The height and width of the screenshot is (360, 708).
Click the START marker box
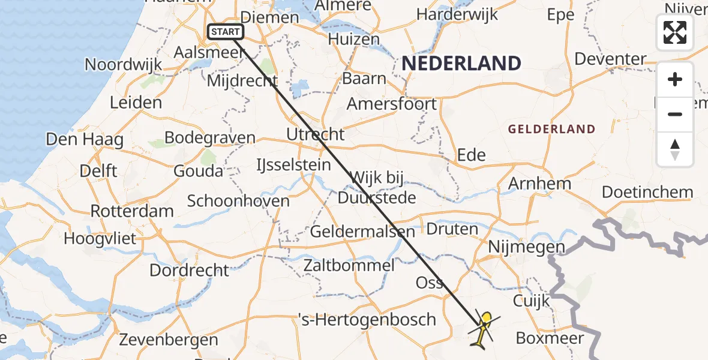tap(225, 32)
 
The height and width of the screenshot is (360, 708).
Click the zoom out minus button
tap(675, 114)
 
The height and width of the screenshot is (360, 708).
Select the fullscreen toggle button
tap(675, 32)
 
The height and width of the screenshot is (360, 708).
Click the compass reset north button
tap(675, 149)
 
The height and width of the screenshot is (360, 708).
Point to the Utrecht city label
tap(316, 134)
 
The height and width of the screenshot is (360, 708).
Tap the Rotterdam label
tap(132, 211)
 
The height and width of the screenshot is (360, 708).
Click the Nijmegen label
tap(526, 247)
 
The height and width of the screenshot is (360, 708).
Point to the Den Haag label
tap(85, 140)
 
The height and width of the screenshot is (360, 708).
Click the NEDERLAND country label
tap(461, 63)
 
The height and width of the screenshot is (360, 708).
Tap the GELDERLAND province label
tap(551, 129)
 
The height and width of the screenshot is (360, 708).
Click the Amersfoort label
tap(392, 104)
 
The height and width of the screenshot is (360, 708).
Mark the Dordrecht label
tap(189, 270)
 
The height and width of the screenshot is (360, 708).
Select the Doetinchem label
tap(647, 193)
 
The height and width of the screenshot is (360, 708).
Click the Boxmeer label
tap(550, 338)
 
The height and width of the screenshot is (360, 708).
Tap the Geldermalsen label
tap(362, 232)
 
